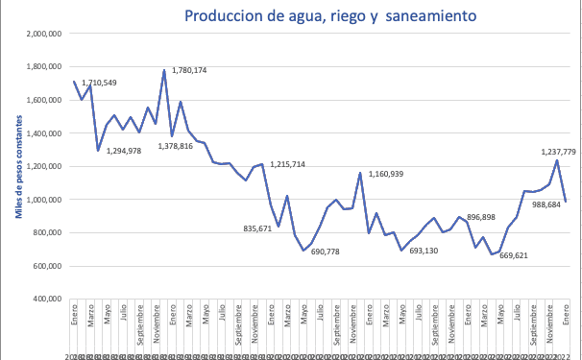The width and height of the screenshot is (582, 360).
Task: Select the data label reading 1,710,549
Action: [x=99, y=83]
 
